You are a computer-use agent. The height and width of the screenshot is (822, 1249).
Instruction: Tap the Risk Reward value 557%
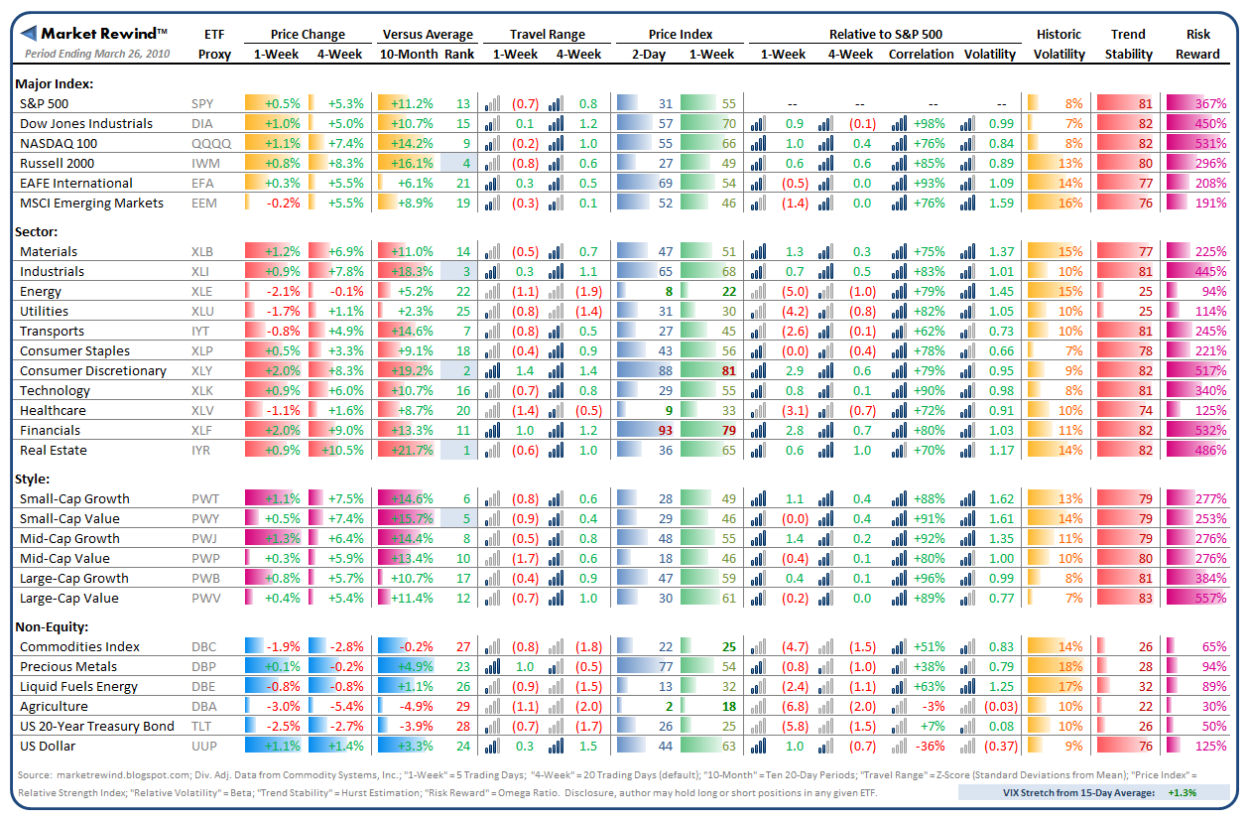(1211, 598)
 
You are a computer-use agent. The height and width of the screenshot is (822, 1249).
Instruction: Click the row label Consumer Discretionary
(92, 370)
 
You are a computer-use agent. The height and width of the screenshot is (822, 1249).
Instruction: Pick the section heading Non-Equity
(52, 625)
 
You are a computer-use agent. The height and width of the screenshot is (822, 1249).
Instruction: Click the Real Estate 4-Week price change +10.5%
(342, 450)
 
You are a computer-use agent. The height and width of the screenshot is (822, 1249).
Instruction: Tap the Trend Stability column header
(1129, 44)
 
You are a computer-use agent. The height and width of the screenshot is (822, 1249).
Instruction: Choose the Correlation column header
(921, 54)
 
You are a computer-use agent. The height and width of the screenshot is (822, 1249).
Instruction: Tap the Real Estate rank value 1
(465, 450)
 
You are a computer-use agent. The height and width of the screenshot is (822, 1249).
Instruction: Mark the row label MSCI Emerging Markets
(91, 203)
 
